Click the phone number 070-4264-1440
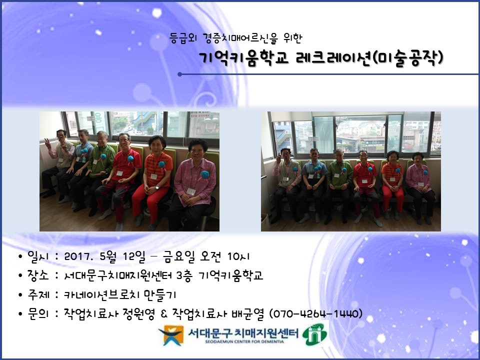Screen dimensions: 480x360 (x=316, y=313)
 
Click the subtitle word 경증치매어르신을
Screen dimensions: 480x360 (x=240, y=38)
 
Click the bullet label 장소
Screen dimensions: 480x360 (x=38, y=275)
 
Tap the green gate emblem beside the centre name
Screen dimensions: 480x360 (x=314, y=334)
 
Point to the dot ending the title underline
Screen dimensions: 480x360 (x=179, y=74)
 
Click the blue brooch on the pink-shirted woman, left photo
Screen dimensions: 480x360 (x=205, y=174)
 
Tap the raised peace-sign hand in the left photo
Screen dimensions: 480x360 (x=48, y=143)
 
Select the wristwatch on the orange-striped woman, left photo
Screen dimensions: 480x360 (x=157, y=187)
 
